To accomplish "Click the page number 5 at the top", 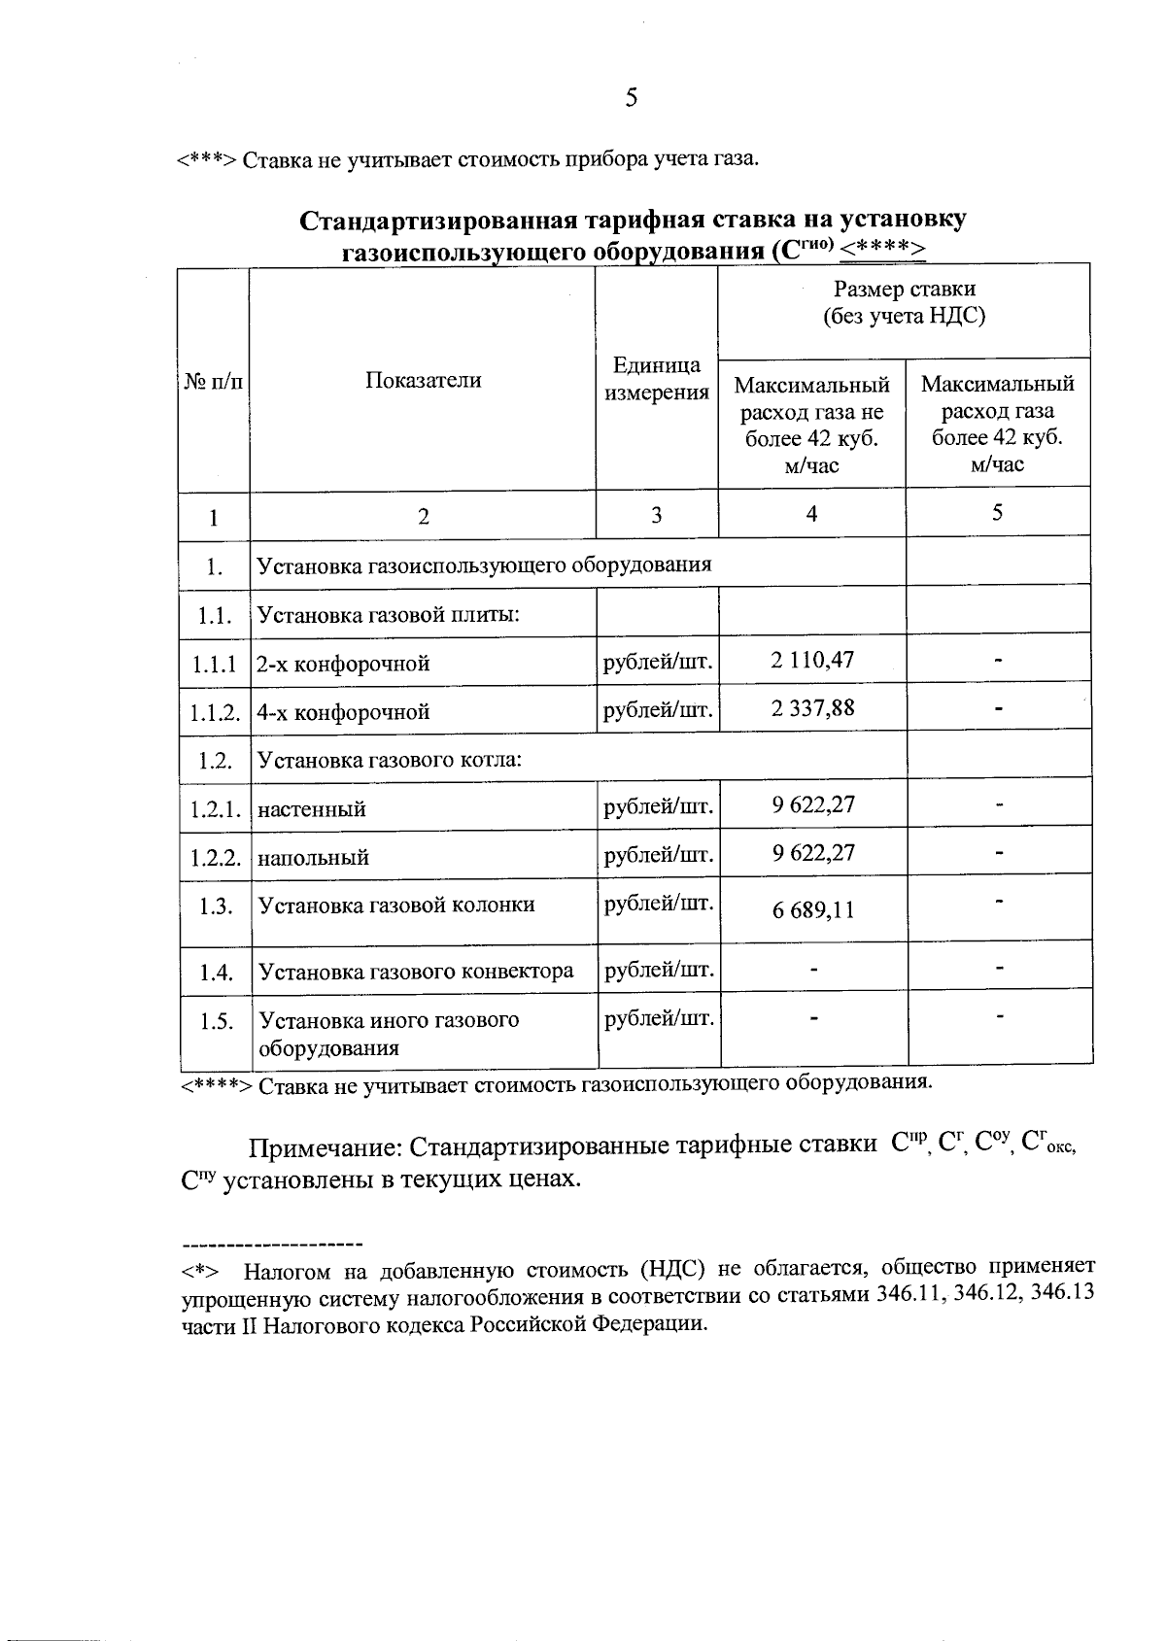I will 631,97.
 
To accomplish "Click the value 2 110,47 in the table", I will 812,661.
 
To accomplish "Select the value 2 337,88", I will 812,707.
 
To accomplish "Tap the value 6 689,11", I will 813,910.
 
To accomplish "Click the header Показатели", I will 423,380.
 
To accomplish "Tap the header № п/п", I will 213,381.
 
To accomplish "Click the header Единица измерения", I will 657,379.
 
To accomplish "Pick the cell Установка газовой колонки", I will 395,905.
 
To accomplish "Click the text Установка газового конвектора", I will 415,971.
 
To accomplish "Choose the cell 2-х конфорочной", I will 343,664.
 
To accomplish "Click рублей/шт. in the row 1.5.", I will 659,1018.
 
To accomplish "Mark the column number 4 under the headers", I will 811,513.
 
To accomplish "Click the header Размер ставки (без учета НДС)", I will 904,302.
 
